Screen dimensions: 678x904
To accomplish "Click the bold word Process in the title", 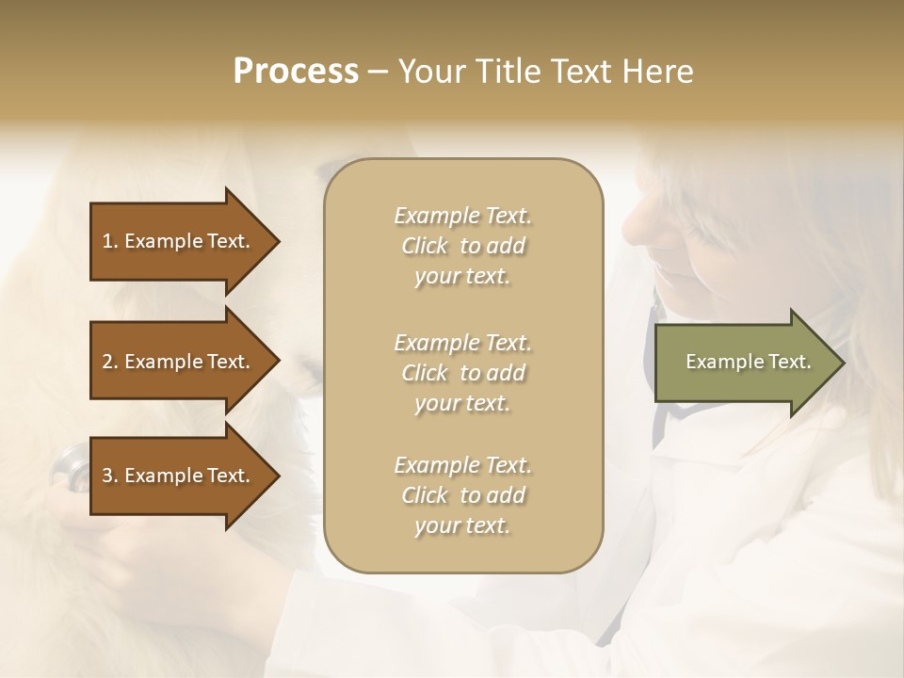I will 296,72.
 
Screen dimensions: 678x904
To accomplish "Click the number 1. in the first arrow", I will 110,241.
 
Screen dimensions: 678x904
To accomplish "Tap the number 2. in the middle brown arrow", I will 110,362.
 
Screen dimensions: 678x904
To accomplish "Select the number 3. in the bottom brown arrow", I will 110,476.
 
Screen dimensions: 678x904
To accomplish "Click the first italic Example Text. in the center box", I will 463,216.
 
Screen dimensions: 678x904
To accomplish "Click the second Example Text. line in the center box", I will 463,342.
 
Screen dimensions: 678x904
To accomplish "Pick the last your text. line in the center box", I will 463,525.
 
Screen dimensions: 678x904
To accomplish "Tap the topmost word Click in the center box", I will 425,246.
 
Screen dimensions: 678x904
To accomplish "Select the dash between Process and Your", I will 378,72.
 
